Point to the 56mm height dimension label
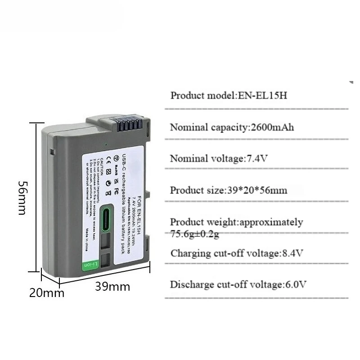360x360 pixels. [21, 198]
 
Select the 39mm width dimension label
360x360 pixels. [112, 287]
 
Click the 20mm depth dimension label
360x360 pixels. [47, 293]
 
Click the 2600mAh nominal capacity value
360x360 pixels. [271, 127]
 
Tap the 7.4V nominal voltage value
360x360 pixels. [258, 158]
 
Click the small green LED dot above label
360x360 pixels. [105, 144]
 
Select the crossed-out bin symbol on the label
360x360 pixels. [108, 193]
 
